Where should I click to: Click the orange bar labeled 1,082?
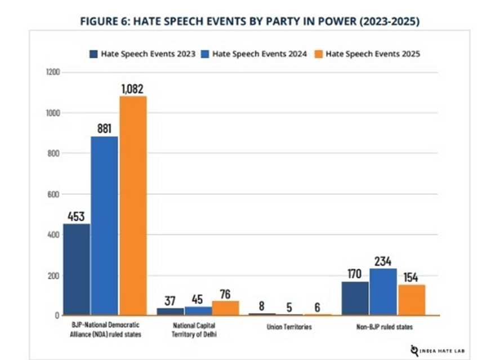(133, 206)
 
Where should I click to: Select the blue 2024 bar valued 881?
(105, 225)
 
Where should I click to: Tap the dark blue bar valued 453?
(77, 269)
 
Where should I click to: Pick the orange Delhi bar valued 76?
(225, 308)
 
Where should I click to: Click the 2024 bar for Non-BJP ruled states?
(382, 291)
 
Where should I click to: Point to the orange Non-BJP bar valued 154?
(411, 300)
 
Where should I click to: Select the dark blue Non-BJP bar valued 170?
(355, 298)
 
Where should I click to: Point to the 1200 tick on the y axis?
(53, 72)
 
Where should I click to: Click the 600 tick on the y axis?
(54, 194)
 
